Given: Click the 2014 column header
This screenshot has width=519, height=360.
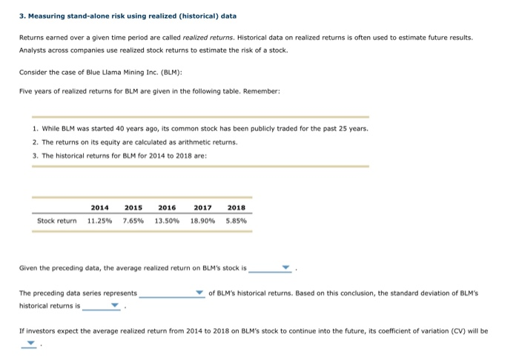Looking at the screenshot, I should click(100, 207).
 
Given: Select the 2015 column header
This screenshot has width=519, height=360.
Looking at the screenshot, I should click(133, 207).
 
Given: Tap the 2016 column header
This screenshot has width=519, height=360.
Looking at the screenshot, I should click(167, 207).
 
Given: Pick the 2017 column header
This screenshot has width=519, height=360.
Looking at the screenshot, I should click(201, 207).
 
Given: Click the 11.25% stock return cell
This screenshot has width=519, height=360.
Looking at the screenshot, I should click(100, 220).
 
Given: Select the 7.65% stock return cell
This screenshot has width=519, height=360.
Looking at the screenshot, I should click(133, 220).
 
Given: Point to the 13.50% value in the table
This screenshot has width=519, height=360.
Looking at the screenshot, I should click(167, 220).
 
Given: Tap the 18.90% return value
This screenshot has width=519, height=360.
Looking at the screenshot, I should click(201, 220).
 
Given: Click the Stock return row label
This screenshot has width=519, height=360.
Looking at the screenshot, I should click(57, 220).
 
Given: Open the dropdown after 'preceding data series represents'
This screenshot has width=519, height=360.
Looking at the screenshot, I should click(199, 293).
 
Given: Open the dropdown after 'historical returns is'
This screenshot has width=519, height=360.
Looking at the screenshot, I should click(114, 304).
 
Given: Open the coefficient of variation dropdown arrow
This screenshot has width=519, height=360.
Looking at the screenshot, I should click(31, 343).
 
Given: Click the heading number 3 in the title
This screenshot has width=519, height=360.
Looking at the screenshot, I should click(22, 16).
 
